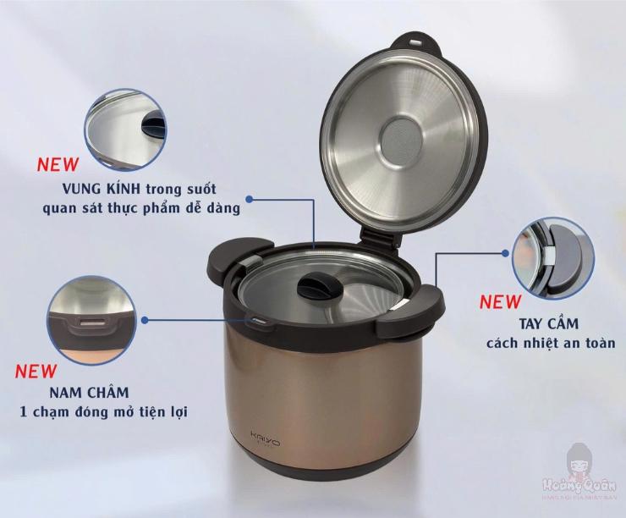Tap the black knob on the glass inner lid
(319, 286)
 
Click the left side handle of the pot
(228, 260)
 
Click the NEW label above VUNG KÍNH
(58, 164)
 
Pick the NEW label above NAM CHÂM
(36, 371)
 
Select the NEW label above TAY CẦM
(501, 301)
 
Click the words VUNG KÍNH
(98, 188)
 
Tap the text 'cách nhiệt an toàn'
(550, 343)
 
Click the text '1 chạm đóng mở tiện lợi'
(103, 412)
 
